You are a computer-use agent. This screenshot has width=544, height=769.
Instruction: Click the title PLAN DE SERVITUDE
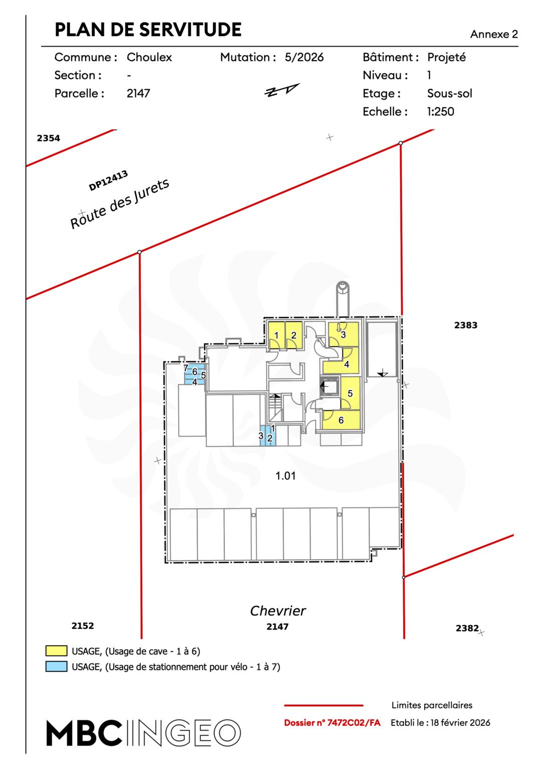point(148,30)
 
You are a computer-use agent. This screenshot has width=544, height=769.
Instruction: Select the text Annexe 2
point(493,34)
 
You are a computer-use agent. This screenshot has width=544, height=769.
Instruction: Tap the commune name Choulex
point(149,57)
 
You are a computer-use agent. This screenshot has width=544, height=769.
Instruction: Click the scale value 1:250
point(440,111)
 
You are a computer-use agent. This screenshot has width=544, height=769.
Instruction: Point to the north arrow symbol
point(282,90)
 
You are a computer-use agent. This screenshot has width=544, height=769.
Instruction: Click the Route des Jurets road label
point(120,204)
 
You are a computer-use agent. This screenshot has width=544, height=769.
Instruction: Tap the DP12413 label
point(108,181)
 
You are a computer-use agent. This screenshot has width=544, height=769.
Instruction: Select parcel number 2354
point(48,138)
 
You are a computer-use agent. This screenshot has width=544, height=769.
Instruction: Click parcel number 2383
point(465,325)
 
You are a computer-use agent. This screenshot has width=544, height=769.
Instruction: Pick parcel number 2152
point(83,625)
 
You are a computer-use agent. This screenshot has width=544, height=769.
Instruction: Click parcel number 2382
point(467,628)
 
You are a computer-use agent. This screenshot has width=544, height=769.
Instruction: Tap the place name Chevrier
point(278,611)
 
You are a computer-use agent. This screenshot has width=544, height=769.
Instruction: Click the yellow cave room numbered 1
point(276,335)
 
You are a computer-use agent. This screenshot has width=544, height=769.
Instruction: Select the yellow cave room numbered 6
point(342,420)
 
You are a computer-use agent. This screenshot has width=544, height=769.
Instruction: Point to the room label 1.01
point(286,476)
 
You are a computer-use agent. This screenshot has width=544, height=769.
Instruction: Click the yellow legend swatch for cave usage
point(56,651)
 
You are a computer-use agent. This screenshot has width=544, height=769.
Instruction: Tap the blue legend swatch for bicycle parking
point(56,666)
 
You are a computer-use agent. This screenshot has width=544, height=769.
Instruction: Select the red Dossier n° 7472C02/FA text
point(332,722)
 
